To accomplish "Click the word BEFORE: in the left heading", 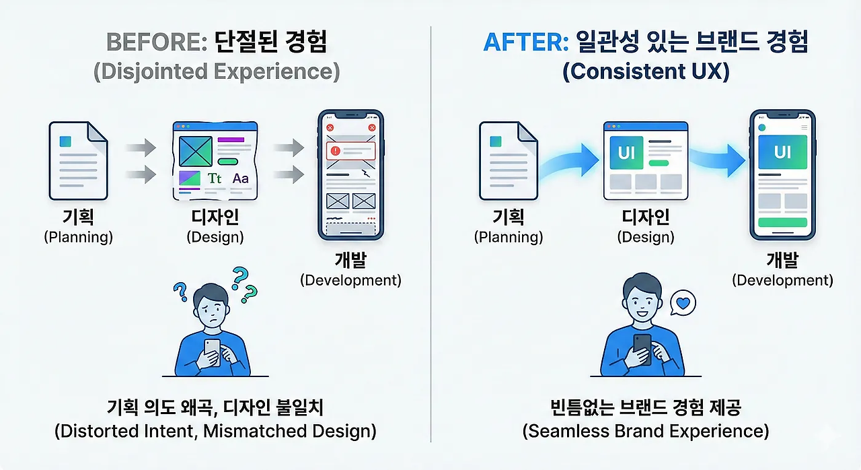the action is (x=157, y=42).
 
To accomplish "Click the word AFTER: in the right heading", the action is (x=526, y=42).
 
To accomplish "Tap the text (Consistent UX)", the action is (x=646, y=71).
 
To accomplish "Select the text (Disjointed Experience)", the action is (x=217, y=71).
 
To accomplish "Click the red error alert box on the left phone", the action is (x=350, y=151).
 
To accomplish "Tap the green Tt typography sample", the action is (x=215, y=178).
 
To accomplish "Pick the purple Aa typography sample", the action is (x=241, y=178).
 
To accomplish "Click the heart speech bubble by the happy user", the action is (x=683, y=303).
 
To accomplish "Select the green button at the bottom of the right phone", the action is (x=782, y=222).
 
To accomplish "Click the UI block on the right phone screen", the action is (x=782, y=152).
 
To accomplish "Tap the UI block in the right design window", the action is (x=626, y=153).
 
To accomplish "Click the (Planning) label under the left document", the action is (x=79, y=237).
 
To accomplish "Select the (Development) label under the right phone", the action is (x=782, y=280).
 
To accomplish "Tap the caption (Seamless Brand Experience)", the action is (x=646, y=431).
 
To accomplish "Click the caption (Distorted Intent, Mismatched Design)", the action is (x=215, y=431).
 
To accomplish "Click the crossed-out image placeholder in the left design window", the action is (x=196, y=152).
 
